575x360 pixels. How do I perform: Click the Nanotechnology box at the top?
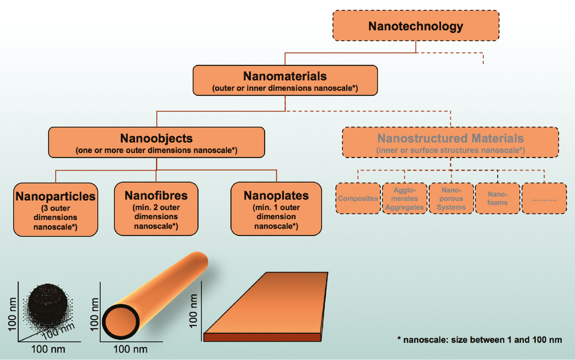pos(416,26)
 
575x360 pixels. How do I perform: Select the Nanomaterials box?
pos(285,80)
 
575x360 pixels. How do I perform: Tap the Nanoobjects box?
pos(156,142)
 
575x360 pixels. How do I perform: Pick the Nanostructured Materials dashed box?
pos(450,142)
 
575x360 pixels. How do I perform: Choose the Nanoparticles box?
pos(56,209)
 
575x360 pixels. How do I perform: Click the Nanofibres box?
pos(156,209)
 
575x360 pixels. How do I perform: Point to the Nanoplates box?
pos(276,209)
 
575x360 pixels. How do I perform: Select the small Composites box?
pos(358,198)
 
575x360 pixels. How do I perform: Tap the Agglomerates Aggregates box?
pos(404,198)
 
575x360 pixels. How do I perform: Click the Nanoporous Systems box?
pos(451,198)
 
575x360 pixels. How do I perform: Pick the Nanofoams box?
pos(497,198)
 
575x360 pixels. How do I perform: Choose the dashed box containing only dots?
pos(544,198)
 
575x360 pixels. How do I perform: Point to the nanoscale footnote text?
pos(479,340)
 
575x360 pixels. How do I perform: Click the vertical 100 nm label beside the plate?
pos(194,311)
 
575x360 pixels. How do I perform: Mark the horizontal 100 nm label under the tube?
pos(130,349)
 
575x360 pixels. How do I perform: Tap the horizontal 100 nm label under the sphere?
pos(48,349)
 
